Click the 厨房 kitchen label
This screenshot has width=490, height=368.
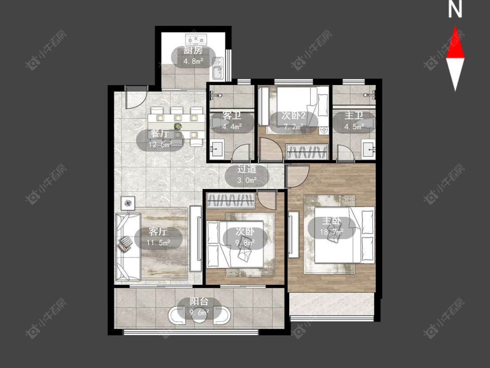[193, 51]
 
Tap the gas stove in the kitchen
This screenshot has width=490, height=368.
[196, 39]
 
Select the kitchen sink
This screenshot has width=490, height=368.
[217, 68]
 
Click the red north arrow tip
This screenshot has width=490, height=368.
[455, 26]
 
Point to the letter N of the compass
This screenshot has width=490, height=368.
[455, 10]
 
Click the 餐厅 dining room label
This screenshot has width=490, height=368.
[160, 133]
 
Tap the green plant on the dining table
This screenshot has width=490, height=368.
[178, 126]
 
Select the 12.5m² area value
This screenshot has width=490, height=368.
[160, 145]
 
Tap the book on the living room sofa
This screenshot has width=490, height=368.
[125, 244]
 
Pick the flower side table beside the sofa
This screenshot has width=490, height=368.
[128, 203]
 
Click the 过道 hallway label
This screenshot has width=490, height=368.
[247, 169]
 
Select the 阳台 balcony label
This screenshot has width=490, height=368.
[199, 302]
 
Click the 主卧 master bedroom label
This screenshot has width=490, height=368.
[331, 221]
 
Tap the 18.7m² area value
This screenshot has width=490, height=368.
[331, 232]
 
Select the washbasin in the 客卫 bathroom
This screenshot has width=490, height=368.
[217, 149]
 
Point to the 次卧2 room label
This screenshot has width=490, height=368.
[294, 116]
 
